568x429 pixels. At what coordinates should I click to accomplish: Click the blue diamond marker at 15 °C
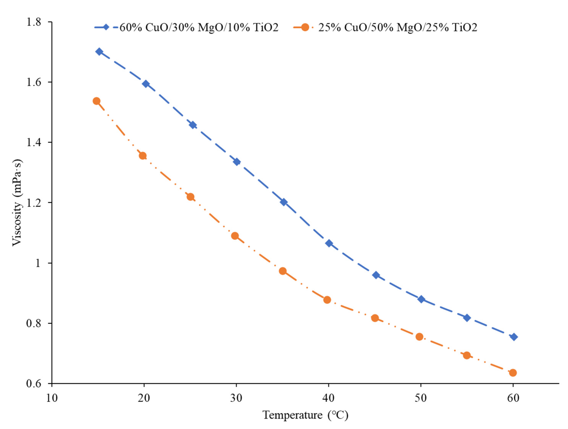99,52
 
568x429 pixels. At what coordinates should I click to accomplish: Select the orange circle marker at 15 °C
96,101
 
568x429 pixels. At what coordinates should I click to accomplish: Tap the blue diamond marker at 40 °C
329,243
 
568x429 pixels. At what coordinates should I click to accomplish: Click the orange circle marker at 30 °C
235,236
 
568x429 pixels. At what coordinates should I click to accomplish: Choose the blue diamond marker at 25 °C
193,125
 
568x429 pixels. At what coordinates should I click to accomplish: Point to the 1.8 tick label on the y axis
34,22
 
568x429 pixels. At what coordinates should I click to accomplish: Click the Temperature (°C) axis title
305,415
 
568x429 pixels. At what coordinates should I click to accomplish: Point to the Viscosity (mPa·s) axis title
18,203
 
